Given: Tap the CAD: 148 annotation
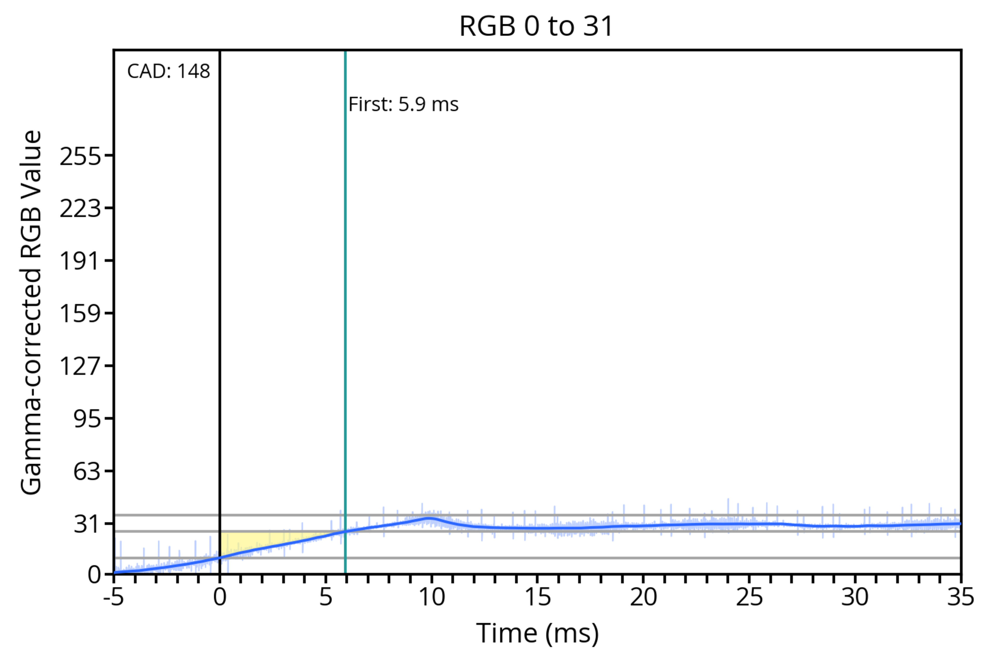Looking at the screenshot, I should (x=169, y=71).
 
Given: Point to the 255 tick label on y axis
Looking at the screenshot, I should (x=80, y=157).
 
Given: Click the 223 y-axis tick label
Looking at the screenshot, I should (x=80, y=209).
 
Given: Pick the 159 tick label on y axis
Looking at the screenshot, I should (x=80, y=314).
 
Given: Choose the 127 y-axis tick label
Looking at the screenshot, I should (x=80, y=366).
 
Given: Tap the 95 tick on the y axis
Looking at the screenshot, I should (x=87, y=419).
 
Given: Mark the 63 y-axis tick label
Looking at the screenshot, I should (x=87, y=471).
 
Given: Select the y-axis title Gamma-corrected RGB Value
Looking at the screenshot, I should (x=31, y=312).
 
